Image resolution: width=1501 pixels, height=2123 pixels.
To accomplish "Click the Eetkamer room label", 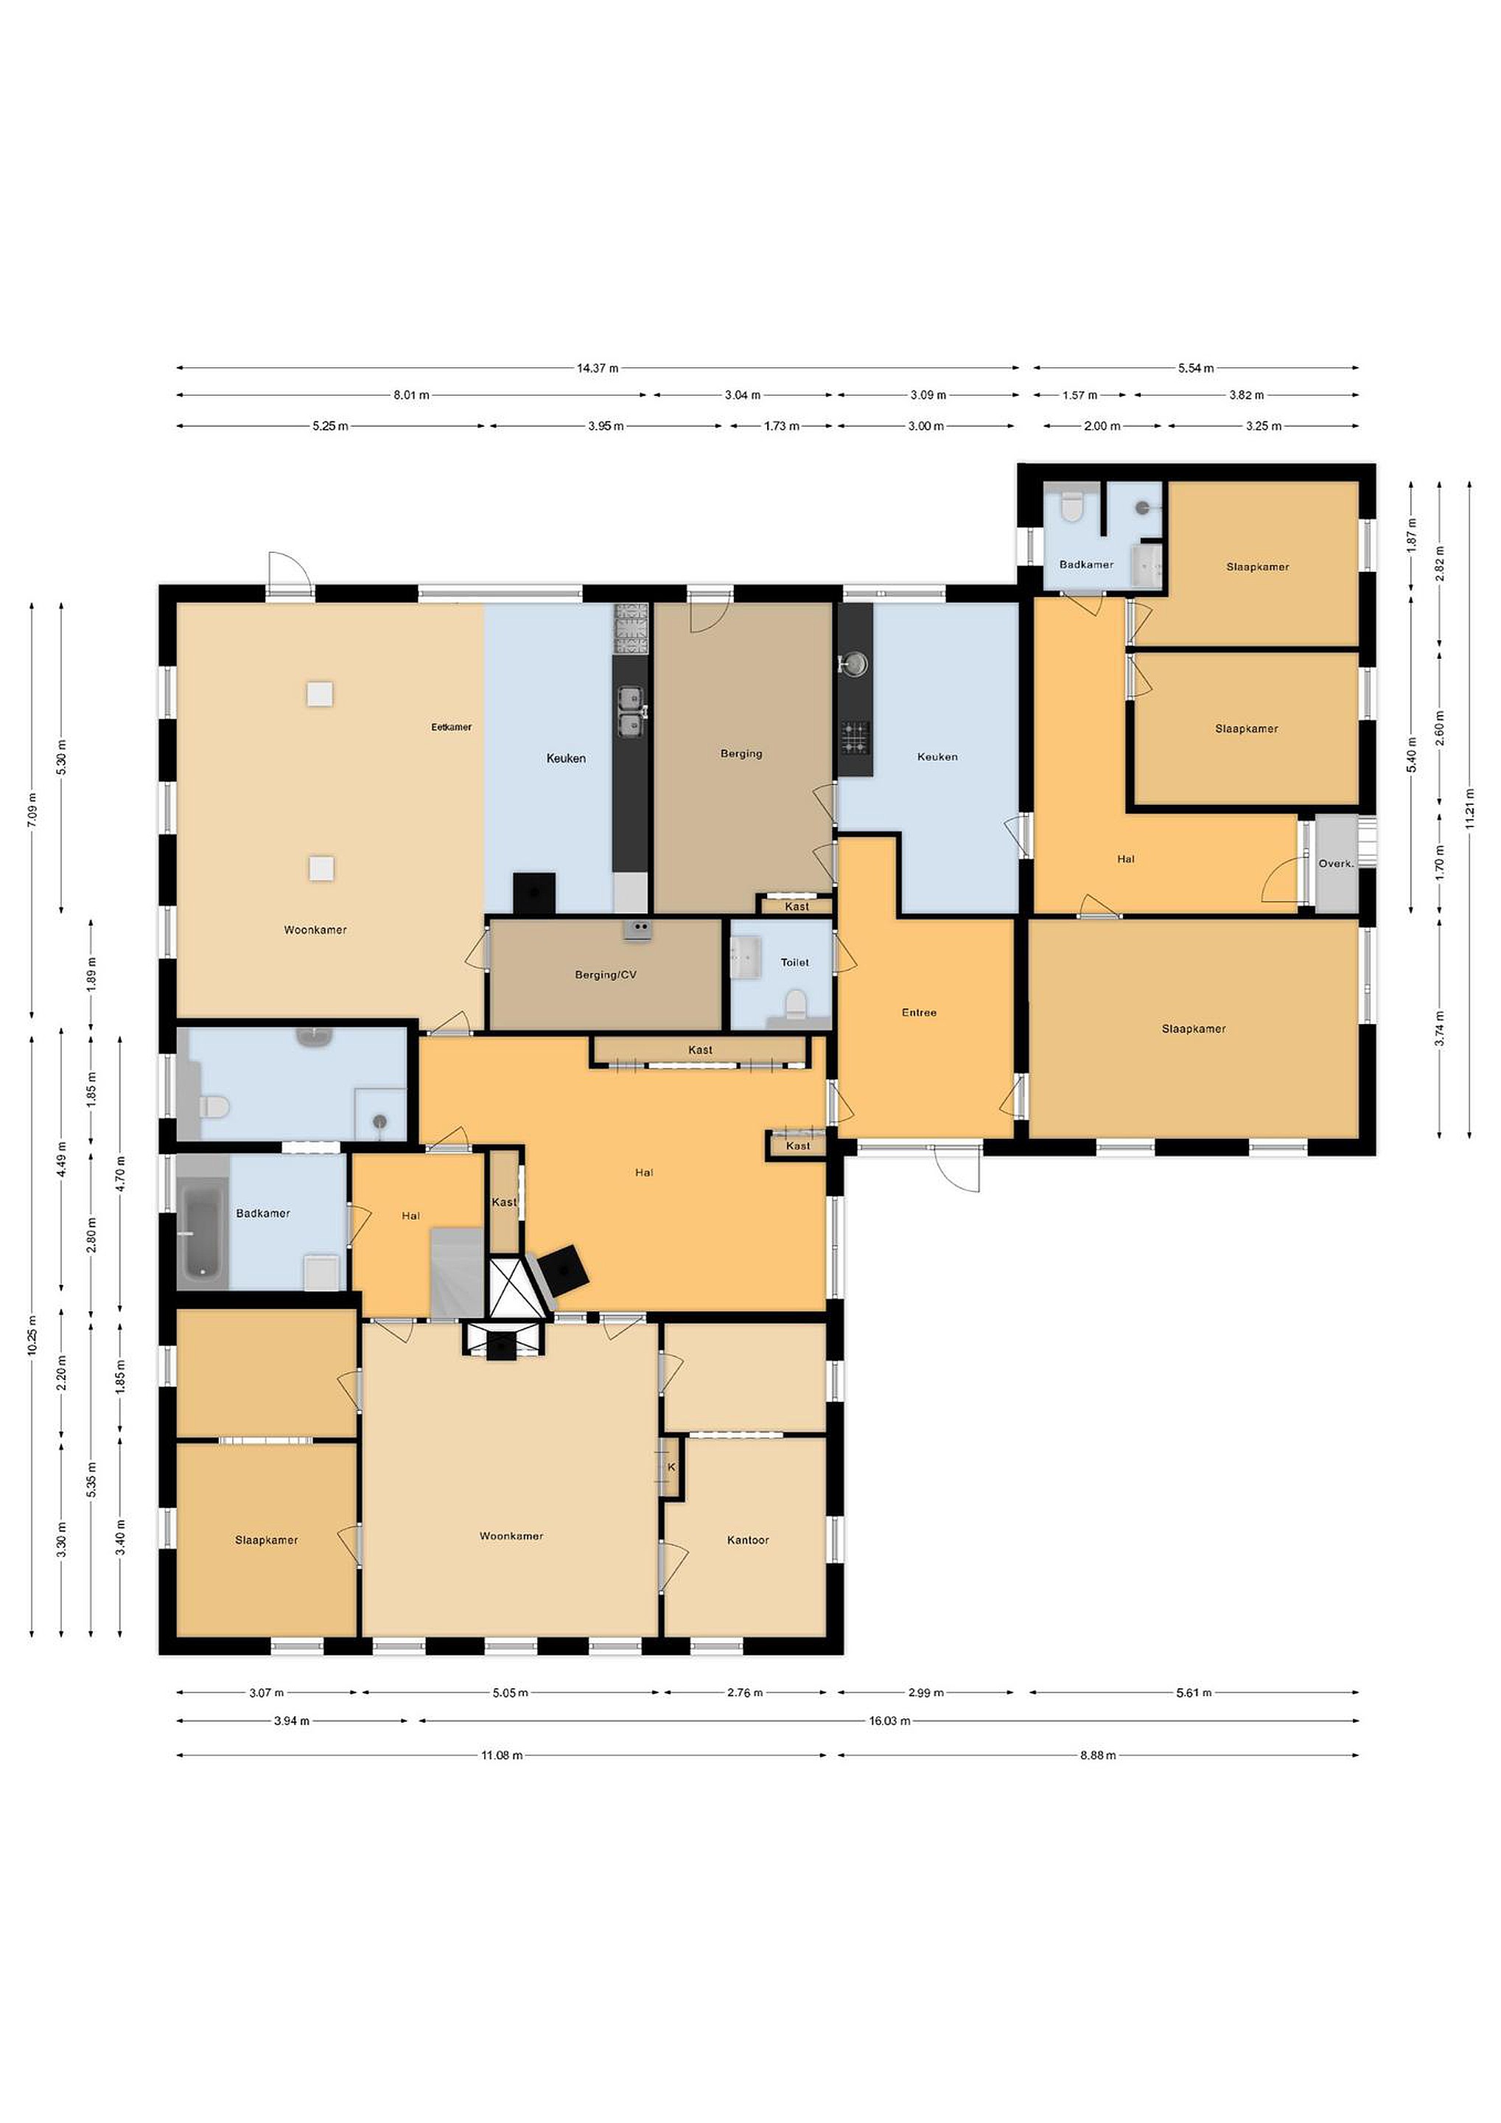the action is (x=451, y=727).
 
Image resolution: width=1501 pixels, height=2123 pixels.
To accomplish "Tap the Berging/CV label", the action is (x=606, y=975).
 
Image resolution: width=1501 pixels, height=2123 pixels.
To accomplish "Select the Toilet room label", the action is (x=795, y=963).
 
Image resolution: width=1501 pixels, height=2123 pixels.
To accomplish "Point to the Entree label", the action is (x=919, y=1013).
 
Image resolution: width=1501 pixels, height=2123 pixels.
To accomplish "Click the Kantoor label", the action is (x=748, y=1540).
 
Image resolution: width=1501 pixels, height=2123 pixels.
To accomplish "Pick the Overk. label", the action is (x=1335, y=864).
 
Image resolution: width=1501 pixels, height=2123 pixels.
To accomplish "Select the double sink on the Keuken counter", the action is (x=630, y=711).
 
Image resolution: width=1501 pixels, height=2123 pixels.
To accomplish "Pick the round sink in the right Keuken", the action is (x=855, y=663).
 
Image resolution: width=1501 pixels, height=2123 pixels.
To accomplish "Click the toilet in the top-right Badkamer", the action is (x=1071, y=506).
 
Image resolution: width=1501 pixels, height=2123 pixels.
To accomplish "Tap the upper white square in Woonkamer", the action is (x=321, y=694).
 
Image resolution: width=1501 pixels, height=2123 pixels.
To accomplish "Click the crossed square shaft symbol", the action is (x=506, y=1286).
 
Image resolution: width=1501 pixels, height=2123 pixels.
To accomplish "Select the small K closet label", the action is (x=672, y=1466).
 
